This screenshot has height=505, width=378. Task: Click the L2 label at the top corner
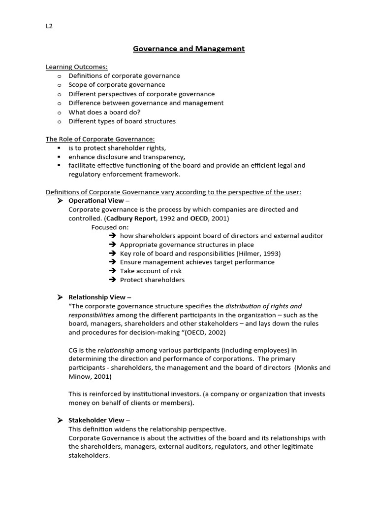[49, 26]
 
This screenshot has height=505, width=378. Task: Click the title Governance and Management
[189, 48]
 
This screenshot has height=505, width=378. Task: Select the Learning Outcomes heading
[76, 67]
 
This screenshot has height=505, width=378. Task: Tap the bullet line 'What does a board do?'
[104, 112]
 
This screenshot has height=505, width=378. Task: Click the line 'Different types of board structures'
[122, 121]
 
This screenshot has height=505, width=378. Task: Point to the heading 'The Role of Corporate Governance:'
[100, 139]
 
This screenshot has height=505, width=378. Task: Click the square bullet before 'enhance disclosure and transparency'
[59, 157]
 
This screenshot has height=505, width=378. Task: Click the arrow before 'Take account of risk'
[112, 271]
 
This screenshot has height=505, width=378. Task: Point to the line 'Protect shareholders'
[152, 280]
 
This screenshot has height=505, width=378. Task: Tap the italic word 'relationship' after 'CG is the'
[116, 350]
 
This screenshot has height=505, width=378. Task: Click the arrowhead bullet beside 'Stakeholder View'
[60, 420]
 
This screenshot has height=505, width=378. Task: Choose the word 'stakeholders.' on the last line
[89, 456]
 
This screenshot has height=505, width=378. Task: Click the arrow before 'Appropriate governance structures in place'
[112, 245]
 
